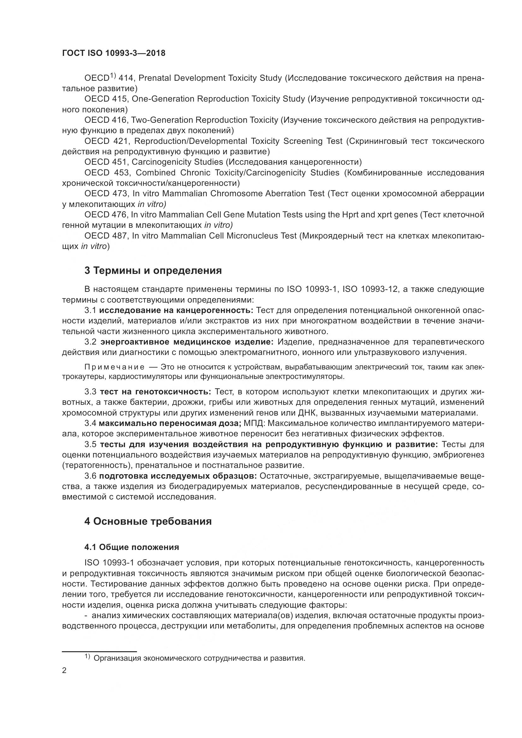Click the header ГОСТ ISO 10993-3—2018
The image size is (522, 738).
point(114,53)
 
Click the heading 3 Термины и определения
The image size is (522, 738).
point(153,271)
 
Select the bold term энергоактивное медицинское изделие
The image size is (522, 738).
point(187,342)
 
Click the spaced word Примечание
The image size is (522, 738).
point(114,367)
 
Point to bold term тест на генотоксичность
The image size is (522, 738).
point(155,392)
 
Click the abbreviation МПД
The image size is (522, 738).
point(253,423)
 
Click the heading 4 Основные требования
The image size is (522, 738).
point(148,521)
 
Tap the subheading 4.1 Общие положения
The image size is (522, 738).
point(132,547)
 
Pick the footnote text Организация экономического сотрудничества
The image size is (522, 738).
point(199,658)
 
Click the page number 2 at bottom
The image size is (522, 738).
point(64,671)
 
